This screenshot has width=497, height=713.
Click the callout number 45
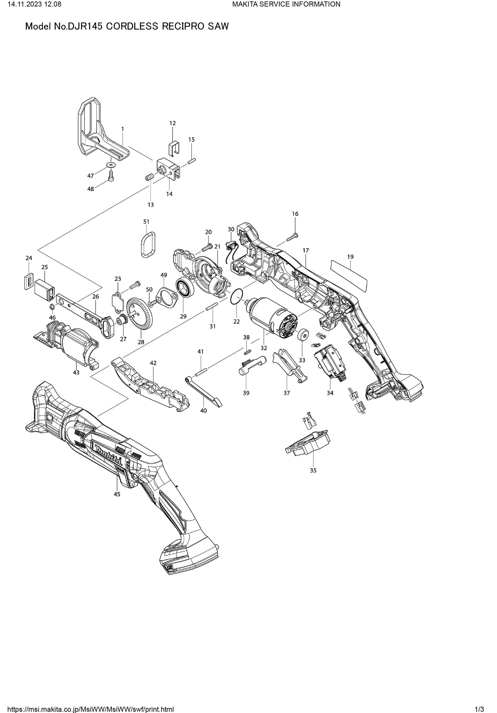click(117, 494)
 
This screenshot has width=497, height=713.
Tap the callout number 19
click(350, 257)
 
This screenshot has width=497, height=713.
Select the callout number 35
click(313, 470)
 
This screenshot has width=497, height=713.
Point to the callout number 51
click(147, 222)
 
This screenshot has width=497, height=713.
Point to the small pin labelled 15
click(192, 161)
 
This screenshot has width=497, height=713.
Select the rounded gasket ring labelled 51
click(148, 244)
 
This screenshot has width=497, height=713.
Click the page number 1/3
click(479, 709)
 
